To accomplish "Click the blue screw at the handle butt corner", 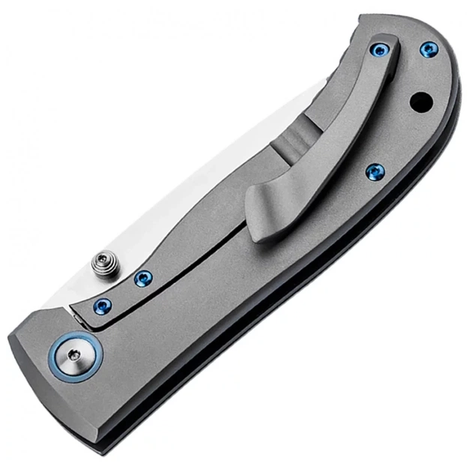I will point(428,49).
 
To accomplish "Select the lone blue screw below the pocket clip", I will point(374,172).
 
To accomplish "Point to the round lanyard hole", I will point(421,99).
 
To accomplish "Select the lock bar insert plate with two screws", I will point(127,296).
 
